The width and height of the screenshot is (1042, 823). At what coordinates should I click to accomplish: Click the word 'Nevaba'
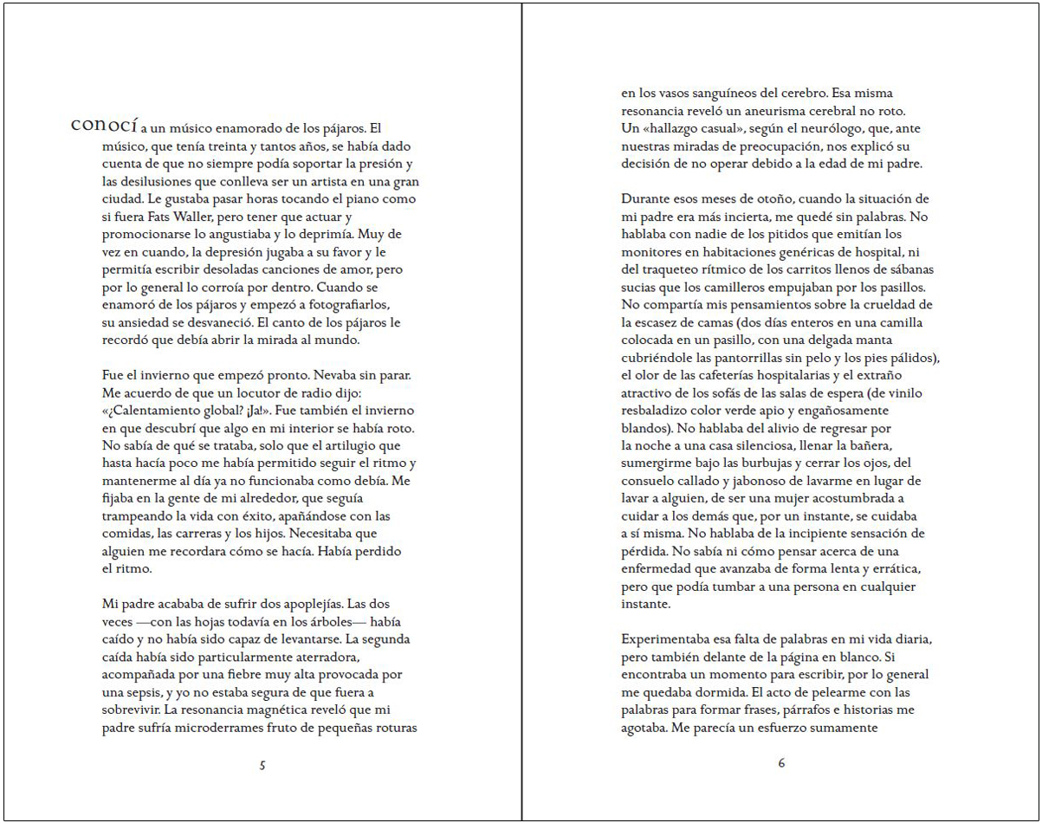coord(319,375)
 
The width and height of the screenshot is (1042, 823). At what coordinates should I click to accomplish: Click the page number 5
coord(262,765)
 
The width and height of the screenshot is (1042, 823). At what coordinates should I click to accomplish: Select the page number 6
coord(781,763)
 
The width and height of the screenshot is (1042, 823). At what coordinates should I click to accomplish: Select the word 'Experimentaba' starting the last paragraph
coord(666,638)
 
